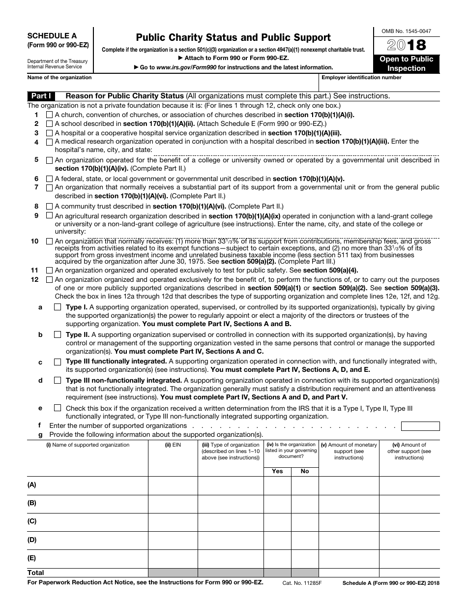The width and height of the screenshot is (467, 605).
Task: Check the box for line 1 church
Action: click(x=49, y=115)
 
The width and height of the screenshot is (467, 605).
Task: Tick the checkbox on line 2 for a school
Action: click(x=49, y=123)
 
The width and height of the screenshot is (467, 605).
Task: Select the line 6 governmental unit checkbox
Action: click(x=49, y=179)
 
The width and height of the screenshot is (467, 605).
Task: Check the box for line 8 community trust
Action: click(x=49, y=206)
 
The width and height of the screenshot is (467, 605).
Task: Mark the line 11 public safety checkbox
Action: click(x=49, y=270)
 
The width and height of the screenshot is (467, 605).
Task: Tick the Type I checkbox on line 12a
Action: click(x=58, y=307)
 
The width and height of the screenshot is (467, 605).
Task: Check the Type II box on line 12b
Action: click(x=58, y=334)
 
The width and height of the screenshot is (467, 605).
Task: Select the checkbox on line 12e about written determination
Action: click(x=58, y=408)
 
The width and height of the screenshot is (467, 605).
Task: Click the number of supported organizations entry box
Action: click(x=420, y=426)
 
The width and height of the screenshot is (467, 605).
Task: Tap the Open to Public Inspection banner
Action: click(x=406, y=63)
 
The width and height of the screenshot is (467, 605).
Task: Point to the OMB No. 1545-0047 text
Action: click(x=406, y=31)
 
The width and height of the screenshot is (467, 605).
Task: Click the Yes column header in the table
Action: click(x=277, y=471)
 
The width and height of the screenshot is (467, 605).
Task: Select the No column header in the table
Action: click(x=305, y=471)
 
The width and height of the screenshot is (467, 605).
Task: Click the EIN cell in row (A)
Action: click(x=173, y=485)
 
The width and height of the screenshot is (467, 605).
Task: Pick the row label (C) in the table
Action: click(x=32, y=521)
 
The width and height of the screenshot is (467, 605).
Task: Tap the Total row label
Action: click(x=36, y=573)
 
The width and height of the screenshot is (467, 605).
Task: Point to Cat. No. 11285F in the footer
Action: click(x=302, y=582)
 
